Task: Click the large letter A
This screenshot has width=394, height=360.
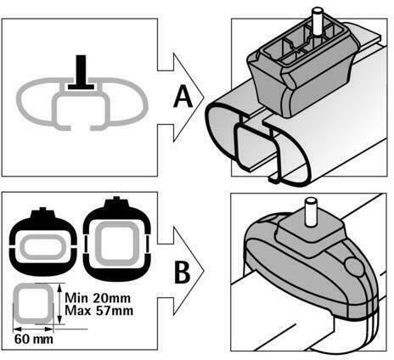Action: coord(183,97)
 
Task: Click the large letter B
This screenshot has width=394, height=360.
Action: coord(183,273)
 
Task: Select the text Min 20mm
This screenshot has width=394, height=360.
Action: coord(98,298)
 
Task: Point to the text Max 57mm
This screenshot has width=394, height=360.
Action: coord(98,311)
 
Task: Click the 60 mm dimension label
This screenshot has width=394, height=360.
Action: coord(34,339)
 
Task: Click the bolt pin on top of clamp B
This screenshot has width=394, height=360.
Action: coord(310,211)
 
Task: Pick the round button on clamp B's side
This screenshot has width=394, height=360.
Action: coord(354,267)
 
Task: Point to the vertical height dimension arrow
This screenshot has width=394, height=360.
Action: coord(59,304)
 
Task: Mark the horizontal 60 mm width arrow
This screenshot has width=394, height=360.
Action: coord(33,329)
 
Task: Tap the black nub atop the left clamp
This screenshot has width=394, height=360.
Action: coord(42,213)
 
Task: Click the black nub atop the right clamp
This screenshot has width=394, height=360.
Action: coord(116,201)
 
